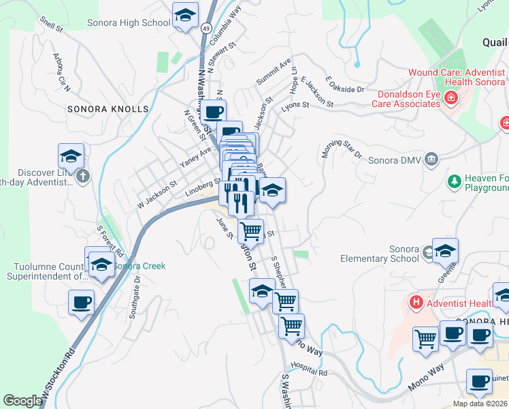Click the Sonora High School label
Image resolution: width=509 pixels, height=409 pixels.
pos(129,22)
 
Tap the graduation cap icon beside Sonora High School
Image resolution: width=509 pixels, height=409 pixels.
pos(184,16)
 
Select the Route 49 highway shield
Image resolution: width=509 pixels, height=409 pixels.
pos(206,28)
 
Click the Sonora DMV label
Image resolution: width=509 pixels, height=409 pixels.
pos(395,161)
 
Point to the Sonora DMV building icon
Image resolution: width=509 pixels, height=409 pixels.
pos(431,160)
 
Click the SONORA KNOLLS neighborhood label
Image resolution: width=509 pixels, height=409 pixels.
pos(108,109)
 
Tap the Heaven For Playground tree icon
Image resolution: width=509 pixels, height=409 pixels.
pos(454,182)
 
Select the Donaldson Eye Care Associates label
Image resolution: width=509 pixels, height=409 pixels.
pos(406,99)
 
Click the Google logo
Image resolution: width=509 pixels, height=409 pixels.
pos(22,401)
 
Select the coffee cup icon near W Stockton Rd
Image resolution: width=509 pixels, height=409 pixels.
pos(82,303)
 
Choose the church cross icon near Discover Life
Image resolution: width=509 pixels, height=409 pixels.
pos(82,177)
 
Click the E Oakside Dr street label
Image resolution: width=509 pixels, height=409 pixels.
pos(346,85)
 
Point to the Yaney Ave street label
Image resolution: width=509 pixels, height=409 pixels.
pos(195,158)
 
